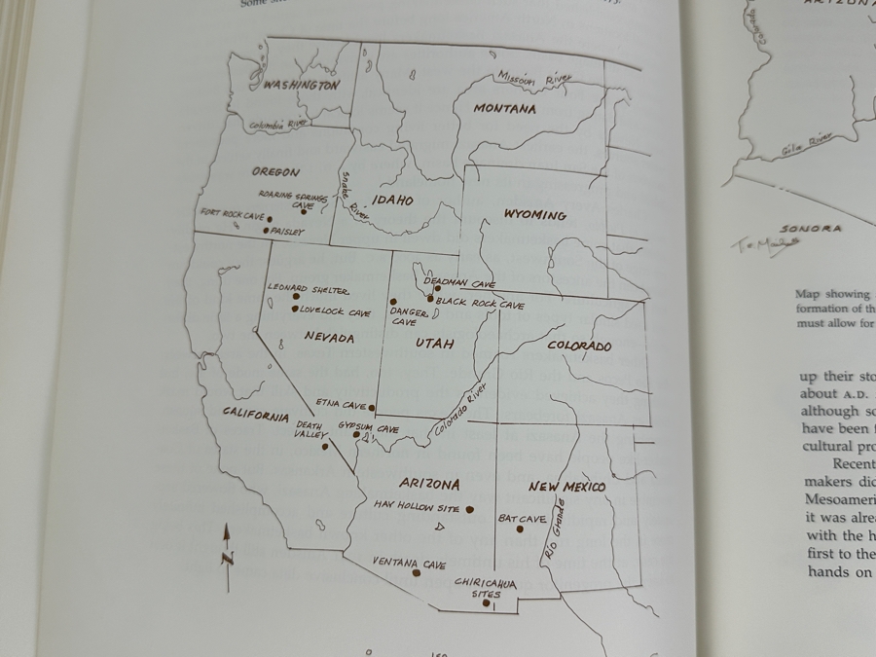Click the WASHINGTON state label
(x=302, y=86)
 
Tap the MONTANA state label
(x=504, y=109)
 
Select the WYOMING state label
(x=534, y=215)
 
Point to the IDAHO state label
(x=392, y=201)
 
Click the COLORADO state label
(x=579, y=347)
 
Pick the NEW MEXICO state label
(x=566, y=487)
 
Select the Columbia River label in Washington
(x=277, y=125)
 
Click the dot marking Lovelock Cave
(x=295, y=310)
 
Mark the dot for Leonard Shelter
(x=297, y=297)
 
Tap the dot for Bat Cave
(x=520, y=529)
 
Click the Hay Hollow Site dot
(x=469, y=509)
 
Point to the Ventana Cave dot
(x=417, y=572)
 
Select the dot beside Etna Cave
(x=372, y=408)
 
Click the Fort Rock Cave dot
(x=270, y=219)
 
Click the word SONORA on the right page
(x=810, y=229)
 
